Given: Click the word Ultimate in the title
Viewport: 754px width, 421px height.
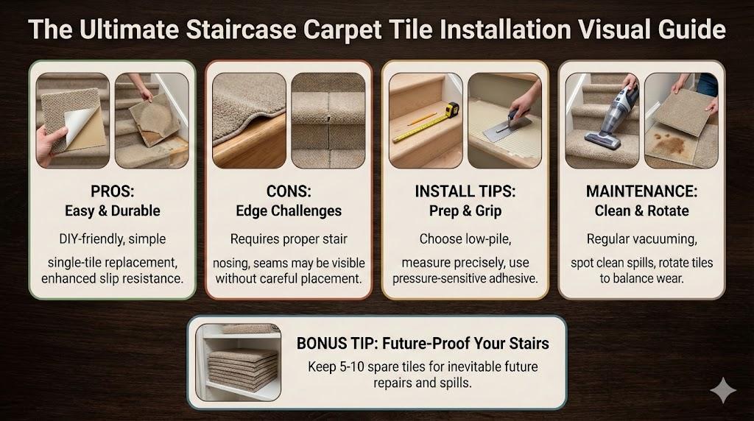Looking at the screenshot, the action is [x=130, y=29].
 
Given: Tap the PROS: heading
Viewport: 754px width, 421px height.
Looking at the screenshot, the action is [x=113, y=191].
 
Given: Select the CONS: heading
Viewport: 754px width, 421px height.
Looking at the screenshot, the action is [x=289, y=191].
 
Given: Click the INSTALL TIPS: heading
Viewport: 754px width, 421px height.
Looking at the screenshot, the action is [x=465, y=191].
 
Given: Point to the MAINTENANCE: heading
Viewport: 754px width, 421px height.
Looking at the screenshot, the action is [x=641, y=191].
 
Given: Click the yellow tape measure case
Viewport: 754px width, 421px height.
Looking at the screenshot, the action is [x=451, y=110].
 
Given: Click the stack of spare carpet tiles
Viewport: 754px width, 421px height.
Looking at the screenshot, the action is [x=243, y=370].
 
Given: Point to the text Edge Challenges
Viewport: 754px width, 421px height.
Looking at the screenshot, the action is [x=289, y=211].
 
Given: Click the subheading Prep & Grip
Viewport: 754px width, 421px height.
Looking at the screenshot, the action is [x=465, y=211].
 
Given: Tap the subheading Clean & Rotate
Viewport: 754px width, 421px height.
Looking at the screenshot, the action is [x=641, y=211].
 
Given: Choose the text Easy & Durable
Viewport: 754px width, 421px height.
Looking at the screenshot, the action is [x=113, y=211].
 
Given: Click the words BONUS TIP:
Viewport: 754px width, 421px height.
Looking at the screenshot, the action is [x=331, y=344].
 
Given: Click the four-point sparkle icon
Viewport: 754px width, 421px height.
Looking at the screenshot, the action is [x=723, y=390].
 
